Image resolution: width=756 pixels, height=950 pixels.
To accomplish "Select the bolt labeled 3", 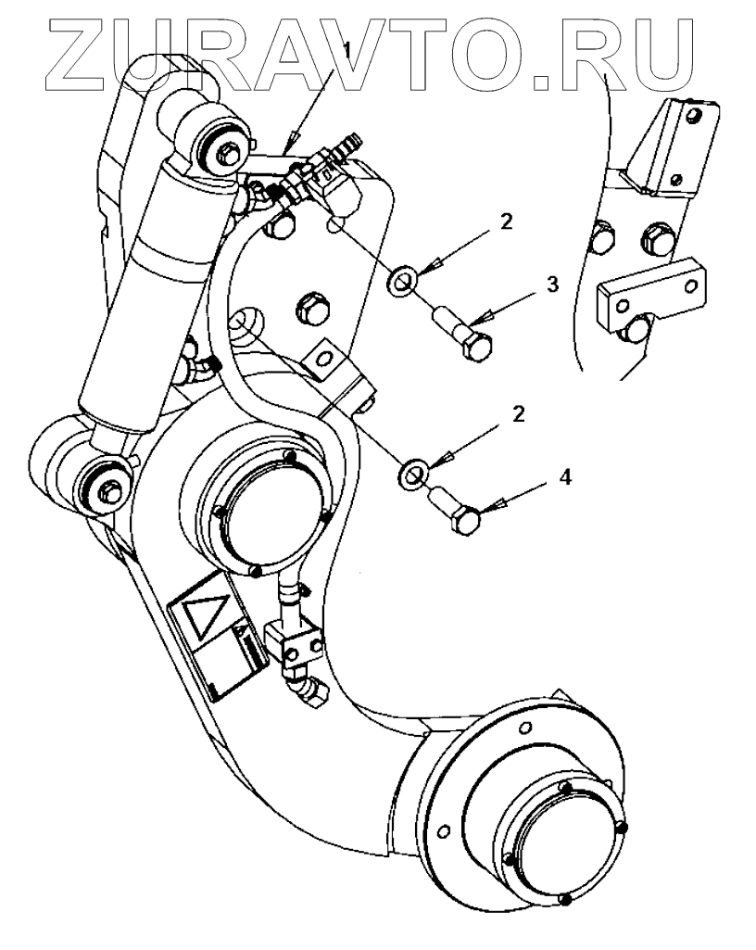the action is (x=463, y=335).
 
